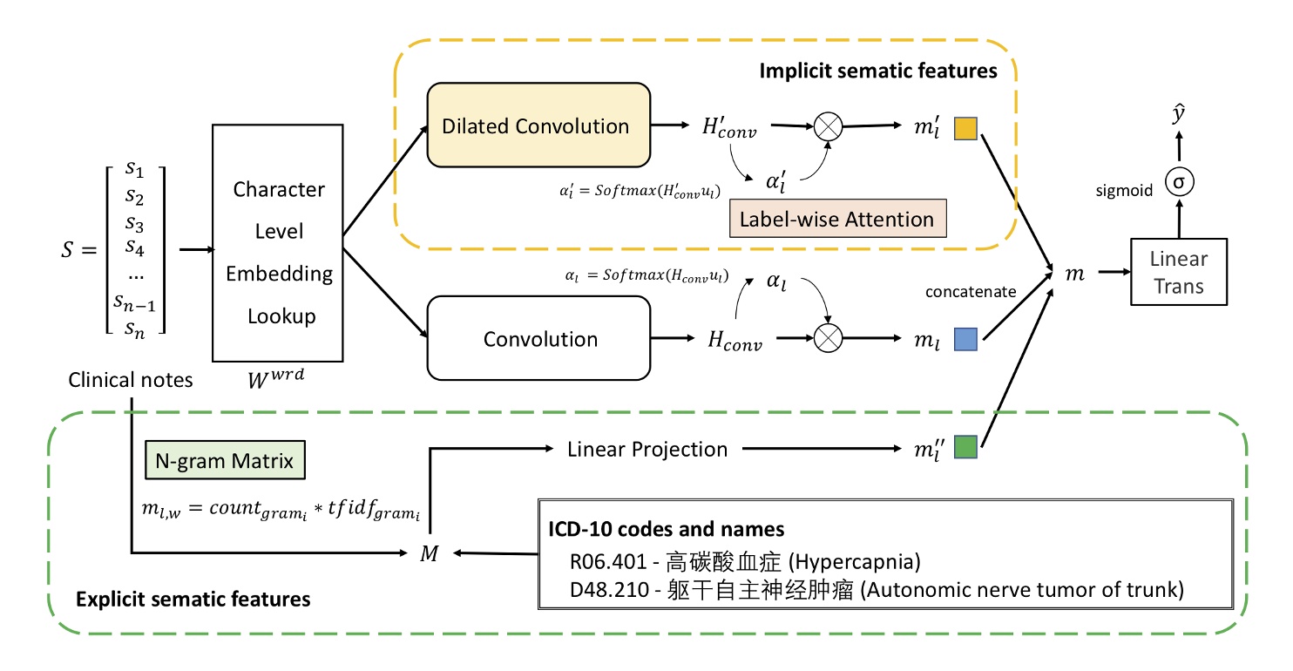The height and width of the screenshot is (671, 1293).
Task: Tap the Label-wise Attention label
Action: tap(836, 220)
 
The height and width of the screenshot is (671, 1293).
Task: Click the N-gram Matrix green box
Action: tap(225, 460)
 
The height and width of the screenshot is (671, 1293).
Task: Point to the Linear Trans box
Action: tap(1178, 272)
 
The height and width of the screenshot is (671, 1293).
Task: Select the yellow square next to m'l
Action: tap(965, 127)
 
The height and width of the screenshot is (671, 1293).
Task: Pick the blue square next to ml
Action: tap(965, 340)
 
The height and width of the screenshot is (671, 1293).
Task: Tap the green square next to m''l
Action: tap(965, 447)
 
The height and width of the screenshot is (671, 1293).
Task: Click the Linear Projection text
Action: tap(646, 450)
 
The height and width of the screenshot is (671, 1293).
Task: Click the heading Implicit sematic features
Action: tap(877, 71)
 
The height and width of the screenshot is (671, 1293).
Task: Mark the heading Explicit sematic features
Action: tap(193, 599)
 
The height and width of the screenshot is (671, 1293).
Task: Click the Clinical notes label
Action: tap(131, 379)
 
